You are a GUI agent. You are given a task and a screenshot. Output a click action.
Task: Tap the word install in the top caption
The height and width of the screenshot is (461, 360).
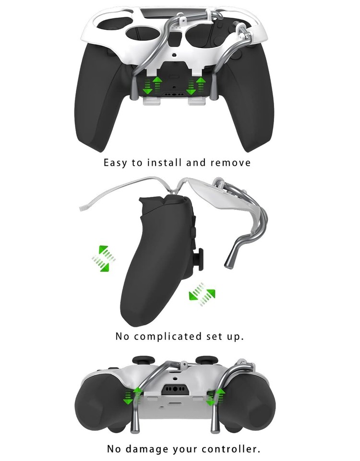[x=163, y=163]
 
